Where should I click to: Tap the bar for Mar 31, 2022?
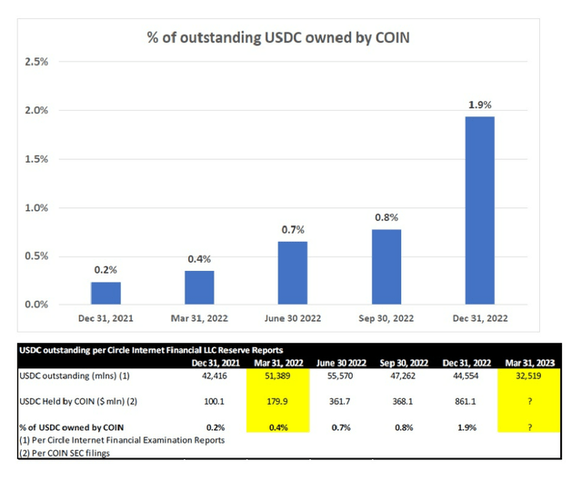coord(199,287)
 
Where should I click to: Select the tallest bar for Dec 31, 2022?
coord(480,210)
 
